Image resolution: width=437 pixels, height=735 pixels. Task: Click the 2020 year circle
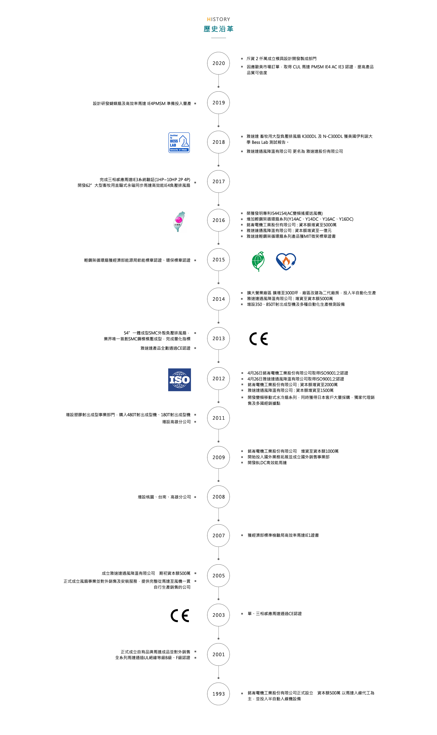[218, 63]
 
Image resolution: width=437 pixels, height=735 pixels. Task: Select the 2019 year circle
[218, 103]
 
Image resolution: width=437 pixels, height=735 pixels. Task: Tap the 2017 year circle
[218, 182]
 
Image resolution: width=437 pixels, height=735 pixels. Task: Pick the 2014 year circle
[218, 299]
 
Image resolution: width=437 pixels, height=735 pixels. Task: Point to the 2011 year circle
[218, 418]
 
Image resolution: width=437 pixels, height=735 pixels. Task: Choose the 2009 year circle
[218, 457]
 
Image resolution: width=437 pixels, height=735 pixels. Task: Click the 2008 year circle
[218, 497]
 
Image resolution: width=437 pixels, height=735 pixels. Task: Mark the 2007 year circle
[218, 535]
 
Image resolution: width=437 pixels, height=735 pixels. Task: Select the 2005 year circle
[218, 576]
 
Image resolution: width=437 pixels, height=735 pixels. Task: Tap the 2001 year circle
[218, 655]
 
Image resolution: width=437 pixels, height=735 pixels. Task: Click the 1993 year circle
[218, 694]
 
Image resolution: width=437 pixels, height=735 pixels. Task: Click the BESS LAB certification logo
[179, 143]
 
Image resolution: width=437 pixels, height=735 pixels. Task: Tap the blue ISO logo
[179, 380]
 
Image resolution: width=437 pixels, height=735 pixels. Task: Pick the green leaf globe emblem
[258, 261]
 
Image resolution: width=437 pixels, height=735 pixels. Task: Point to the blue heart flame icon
[286, 261]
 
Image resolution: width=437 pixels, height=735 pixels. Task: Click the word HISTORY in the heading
[218, 19]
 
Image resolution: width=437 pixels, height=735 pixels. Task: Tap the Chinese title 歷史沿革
[218, 29]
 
